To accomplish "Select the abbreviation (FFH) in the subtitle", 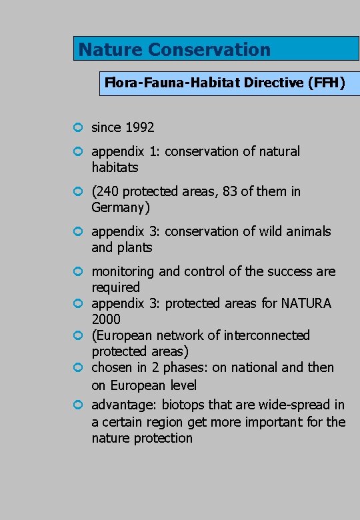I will pyautogui.click(x=327, y=83).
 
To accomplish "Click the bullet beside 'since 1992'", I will pyautogui.click(x=78, y=127).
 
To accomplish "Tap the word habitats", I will pyautogui.click(x=115, y=167).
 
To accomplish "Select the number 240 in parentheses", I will pyautogui.click(x=107, y=191).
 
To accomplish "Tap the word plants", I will pyautogui.click(x=135, y=247).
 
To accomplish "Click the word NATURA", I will pyautogui.click(x=305, y=303).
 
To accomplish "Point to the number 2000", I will pyautogui.click(x=106, y=319).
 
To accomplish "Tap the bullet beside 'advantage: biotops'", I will pyautogui.click(x=78, y=405).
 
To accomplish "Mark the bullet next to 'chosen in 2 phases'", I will pyautogui.click(x=78, y=367).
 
